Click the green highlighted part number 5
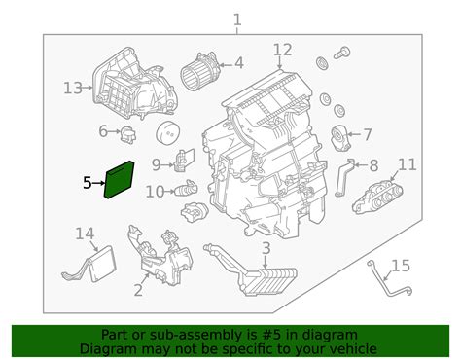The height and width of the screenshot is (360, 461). (x=119, y=179)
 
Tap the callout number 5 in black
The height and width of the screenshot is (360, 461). (x=88, y=183)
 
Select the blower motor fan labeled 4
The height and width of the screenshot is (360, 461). (x=200, y=71)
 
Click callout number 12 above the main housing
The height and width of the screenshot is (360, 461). (x=282, y=50)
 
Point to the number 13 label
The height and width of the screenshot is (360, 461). (x=73, y=88)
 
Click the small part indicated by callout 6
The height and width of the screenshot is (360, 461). (x=127, y=135)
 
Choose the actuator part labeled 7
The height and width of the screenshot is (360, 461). (x=339, y=138)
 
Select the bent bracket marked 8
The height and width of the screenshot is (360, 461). (x=343, y=177)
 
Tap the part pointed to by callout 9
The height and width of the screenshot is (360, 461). (x=184, y=160)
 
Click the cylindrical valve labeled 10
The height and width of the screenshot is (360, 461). (x=186, y=188)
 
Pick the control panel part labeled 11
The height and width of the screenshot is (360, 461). (x=378, y=196)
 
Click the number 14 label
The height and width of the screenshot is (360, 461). (x=85, y=234)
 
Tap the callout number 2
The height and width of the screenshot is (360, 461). (x=138, y=290)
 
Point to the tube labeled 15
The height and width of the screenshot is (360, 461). (x=390, y=279)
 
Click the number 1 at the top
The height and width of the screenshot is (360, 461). (x=237, y=19)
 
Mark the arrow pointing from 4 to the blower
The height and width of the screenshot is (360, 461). (x=227, y=65)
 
